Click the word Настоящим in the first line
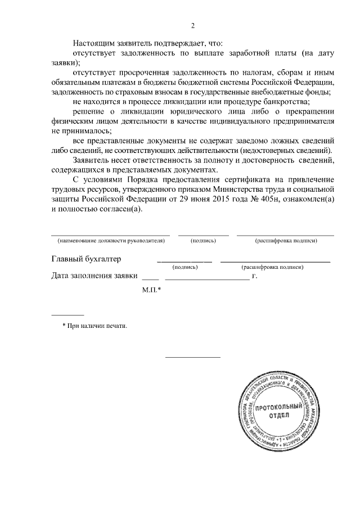tap(93, 43)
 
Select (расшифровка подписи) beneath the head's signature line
tap(286, 241)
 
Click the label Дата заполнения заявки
tap(94, 276)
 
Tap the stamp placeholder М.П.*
tap(152, 290)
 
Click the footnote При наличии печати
tap(95, 325)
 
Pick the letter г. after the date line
tap(255, 276)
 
